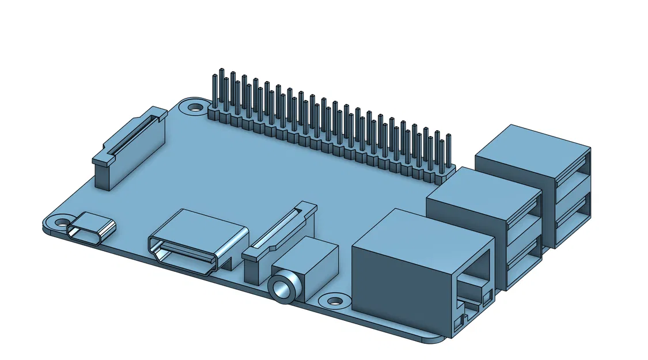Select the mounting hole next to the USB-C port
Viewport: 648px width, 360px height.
click(x=60, y=221)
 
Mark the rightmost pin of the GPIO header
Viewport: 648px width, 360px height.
click(x=448, y=151)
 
